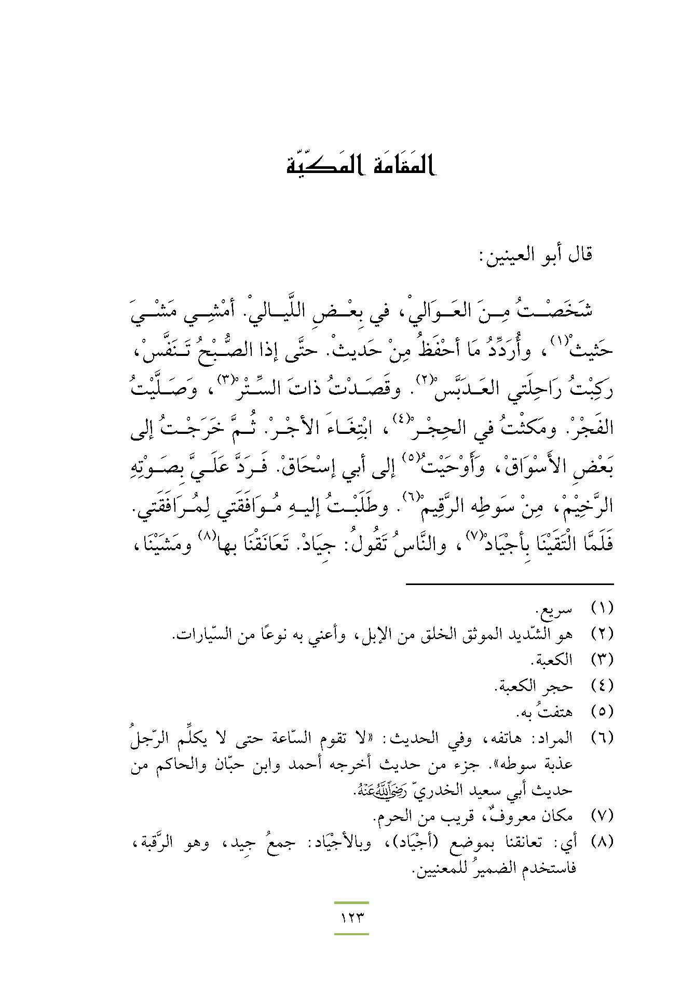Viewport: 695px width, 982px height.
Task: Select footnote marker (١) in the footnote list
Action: [x=603, y=607]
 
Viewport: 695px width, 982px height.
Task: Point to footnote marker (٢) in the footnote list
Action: [x=603, y=633]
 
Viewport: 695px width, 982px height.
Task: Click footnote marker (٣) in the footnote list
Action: [x=603, y=660]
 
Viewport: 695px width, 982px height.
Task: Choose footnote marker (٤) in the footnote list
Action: [x=603, y=686]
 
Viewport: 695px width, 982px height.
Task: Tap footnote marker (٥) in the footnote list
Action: [x=603, y=711]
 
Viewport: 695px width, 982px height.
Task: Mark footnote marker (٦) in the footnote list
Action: [x=603, y=737]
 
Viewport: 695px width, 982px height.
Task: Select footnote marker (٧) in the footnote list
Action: [x=603, y=816]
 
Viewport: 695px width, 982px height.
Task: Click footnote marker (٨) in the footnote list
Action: [x=603, y=842]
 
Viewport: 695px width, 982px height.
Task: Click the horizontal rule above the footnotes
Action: [x=509, y=584]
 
